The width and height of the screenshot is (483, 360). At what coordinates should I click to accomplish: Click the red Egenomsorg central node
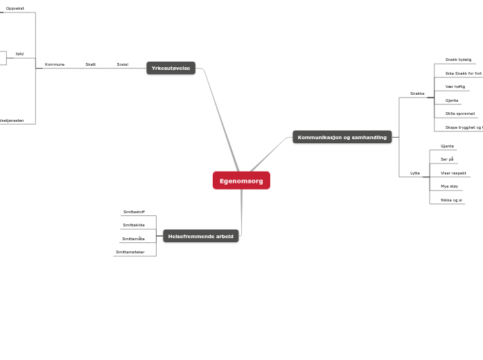[x=241, y=181]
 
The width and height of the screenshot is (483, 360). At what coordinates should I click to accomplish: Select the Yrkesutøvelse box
[x=170, y=68]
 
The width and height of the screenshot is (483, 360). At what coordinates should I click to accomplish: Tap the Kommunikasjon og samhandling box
[x=342, y=137]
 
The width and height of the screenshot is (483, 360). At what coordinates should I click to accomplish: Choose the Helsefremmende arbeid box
[x=200, y=236]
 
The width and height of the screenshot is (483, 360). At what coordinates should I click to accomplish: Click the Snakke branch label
[x=417, y=93]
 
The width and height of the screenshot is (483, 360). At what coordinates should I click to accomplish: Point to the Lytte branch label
[x=415, y=173]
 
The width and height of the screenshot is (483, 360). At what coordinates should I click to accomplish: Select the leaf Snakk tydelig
[x=458, y=60]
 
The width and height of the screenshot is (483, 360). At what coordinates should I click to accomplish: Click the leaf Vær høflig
[x=455, y=87]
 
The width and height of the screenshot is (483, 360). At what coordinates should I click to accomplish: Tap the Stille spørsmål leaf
[x=460, y=114]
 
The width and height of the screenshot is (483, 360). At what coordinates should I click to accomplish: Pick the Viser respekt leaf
[x=453, y=173]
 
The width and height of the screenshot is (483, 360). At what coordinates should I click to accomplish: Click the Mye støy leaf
[x=450, y=186]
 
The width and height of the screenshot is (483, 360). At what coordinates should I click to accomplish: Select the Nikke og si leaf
[x=451, y=200]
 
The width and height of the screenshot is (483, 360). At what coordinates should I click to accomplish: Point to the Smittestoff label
[x=134, y=212]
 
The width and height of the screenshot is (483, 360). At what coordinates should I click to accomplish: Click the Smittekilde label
[x=134, y=225]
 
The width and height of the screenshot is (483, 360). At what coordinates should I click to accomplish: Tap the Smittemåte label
[x=133, y=239]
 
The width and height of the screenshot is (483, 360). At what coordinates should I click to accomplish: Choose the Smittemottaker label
[x=130, y=252]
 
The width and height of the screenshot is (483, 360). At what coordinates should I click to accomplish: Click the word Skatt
[x=91, y=64]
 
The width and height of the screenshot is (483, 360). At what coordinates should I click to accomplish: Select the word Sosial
[x=123, y=64]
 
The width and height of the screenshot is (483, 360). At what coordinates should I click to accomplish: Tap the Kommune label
[x=55, y=64]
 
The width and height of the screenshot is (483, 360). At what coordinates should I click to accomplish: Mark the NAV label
[x=20, y=54]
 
